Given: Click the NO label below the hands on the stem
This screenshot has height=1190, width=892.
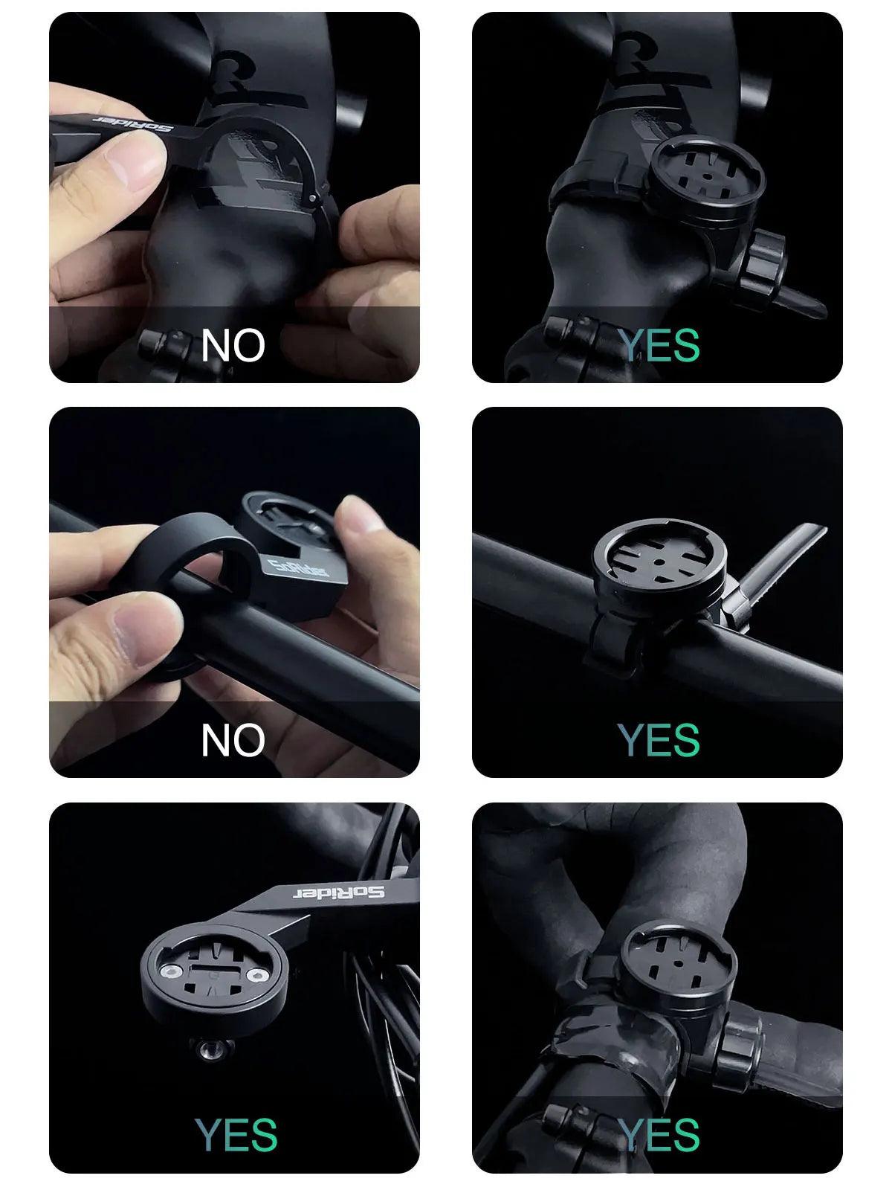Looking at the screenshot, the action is click(233, 345).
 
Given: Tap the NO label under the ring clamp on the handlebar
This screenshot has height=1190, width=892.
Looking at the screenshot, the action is click(233, 739).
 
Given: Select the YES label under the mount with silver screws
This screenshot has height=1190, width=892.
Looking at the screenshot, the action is click(236, 1134).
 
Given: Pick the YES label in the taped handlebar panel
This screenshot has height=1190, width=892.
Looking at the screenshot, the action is click(659, 1134).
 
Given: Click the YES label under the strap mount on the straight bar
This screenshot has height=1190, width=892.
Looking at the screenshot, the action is click(659, 739).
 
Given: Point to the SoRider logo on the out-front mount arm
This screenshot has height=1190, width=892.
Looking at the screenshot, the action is click(339, 892).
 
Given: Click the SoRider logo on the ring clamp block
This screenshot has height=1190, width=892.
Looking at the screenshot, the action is click(298, 567).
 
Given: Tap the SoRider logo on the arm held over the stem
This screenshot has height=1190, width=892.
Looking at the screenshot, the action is click(133, 123).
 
